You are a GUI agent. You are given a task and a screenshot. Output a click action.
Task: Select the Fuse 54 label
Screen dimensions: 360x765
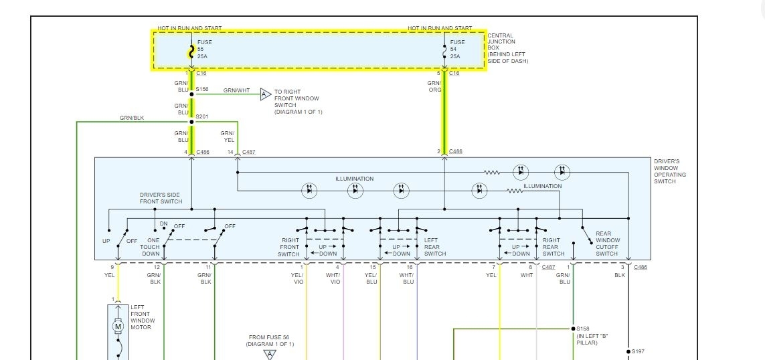pyautogui.click(x=457, y=50)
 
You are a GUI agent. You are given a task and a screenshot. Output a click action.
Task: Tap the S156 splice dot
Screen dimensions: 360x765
pyautogui.click(x=191, y=94)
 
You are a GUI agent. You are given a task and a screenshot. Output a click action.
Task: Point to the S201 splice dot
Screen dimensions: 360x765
pyautogui.click(x=191, y=122)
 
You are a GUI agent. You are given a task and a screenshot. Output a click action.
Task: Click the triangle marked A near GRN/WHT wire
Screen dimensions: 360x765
pyautogui.click(x=264, y=94)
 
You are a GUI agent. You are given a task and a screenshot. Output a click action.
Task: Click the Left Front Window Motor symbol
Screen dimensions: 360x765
pyautogui.click(x=118, y=326)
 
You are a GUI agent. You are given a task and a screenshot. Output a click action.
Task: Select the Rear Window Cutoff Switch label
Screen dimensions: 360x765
pyautogui.click(x=607, y=244)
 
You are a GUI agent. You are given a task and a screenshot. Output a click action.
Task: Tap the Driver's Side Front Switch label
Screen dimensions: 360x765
pyautogui.click(x=161, y=198)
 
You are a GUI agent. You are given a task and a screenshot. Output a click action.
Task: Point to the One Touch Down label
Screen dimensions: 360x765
pyautogui.click(x=150, y=247)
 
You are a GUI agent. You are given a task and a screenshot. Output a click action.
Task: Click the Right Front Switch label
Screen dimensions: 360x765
pyautogui.click(x=289, y=247)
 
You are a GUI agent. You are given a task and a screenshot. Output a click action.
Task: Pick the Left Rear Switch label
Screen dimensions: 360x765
pyautogui.click(x=435, y=247)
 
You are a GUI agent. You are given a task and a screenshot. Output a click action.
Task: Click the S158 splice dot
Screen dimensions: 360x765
pyautogui.click(x=573, y=329)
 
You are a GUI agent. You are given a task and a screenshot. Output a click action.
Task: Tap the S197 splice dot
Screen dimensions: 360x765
pyautogui.click(x=628, y=351)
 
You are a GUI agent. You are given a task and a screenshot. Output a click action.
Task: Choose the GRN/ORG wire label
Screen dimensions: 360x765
pyautogui.click(x=435, y=86)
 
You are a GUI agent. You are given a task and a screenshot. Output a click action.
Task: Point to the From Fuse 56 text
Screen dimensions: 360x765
pyautogui.click(x=270, y=340)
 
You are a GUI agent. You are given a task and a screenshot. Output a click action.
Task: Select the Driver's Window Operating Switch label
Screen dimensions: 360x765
pyautogui.click(x=670, y=172)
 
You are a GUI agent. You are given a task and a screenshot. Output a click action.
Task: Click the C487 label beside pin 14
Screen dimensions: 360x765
pyautogui.click(x=248, y=153)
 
